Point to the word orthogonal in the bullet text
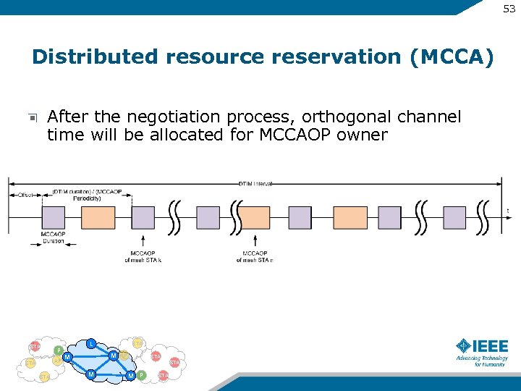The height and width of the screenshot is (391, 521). click(354, 117)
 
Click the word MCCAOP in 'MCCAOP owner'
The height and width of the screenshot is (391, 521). click(292, 135)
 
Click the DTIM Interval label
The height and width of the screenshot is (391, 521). click(255, 184)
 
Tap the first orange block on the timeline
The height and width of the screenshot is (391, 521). click(98, 217)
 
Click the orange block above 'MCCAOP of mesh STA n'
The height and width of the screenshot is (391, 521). click(254, 217)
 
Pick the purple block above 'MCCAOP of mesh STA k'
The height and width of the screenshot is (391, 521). click(143, 217)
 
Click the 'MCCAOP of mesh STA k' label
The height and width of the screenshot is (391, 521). click(143, 256)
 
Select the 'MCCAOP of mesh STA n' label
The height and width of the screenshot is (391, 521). click(254, 256)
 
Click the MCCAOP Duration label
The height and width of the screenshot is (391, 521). click(53, 237)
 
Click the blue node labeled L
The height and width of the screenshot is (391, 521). click(90, 343)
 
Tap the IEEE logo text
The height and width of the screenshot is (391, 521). click(491, 345)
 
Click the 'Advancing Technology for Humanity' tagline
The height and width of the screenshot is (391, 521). click(481, 361)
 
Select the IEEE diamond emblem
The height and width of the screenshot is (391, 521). click(463, 345)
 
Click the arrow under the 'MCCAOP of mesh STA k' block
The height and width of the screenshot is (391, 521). click(143, 240)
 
